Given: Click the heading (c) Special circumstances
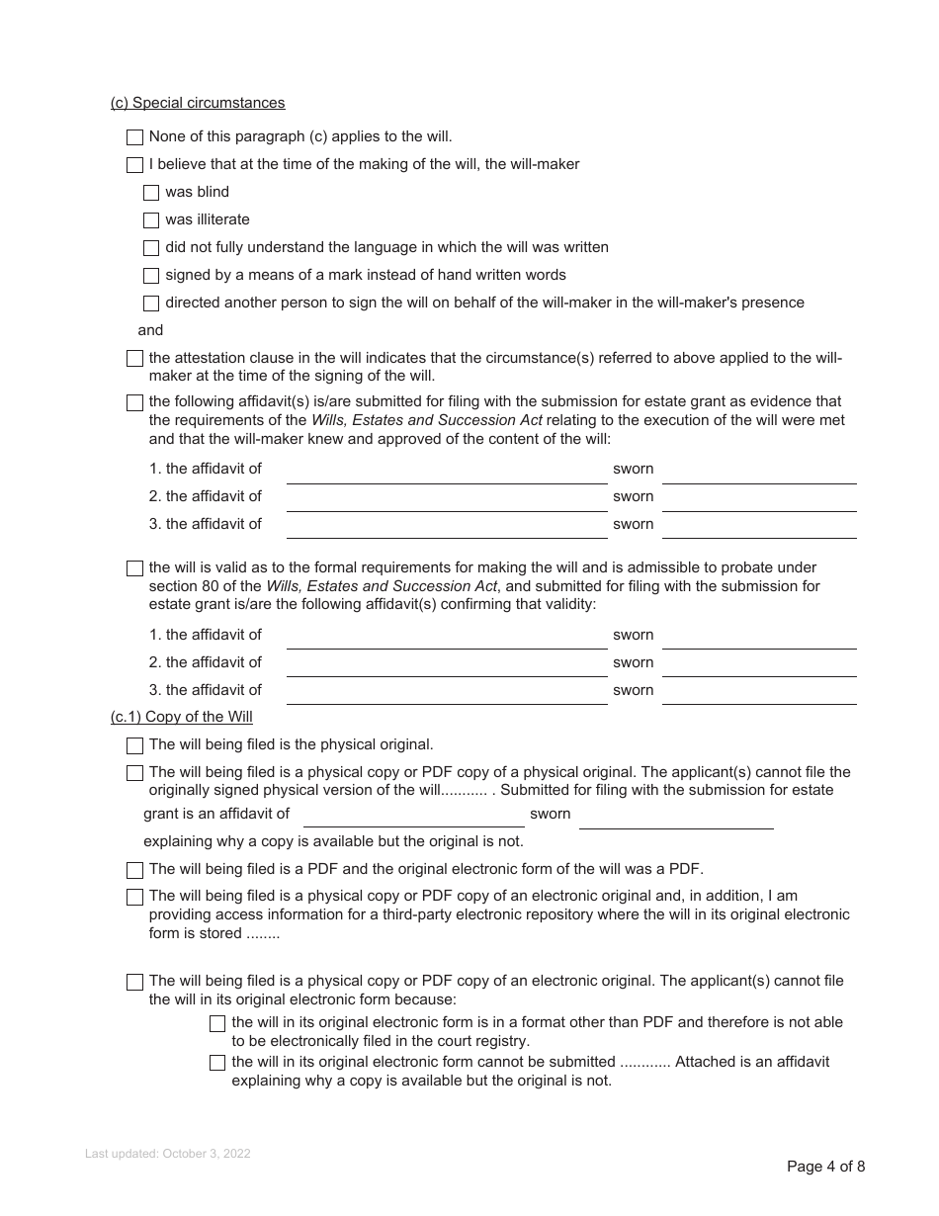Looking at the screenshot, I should click(x=198, y=103).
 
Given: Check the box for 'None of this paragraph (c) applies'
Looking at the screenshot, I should click(x=135, y=137).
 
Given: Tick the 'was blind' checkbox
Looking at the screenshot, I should click(x=151, y=193).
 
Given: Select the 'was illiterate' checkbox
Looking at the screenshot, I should click(x=151, y=220).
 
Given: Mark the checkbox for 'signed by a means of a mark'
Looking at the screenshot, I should click(x=151, y=276).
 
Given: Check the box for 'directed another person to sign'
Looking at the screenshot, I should click(x=151, y=304).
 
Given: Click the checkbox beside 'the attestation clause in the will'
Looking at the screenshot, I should click(x=135, y=359).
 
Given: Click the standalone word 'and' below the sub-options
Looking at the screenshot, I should click(x=150, y=330).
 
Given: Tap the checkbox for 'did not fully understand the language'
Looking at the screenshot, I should click(x=151, y=248).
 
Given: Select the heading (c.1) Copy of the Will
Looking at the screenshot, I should click(x=182, y=717).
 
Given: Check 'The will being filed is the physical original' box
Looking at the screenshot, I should click(x=135, y=745).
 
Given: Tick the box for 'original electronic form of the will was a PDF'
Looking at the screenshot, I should click(x=135, y=870).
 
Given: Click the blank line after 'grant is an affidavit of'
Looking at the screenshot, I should click(x=413, y=817).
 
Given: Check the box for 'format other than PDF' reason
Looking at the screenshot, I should click(x=217, y=1023).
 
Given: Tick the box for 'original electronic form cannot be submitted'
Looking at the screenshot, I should click(x=217, y=1063).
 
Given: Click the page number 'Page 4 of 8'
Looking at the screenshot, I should click(x=825, y=1167).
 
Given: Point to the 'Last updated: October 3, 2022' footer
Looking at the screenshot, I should click(x=168, y=1154).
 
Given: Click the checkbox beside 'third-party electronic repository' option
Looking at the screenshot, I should click(x=135, y=897).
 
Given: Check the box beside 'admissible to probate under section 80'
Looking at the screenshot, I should click(x=135, y=568).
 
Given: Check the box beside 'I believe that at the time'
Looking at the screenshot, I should click(x=135, y=165).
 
